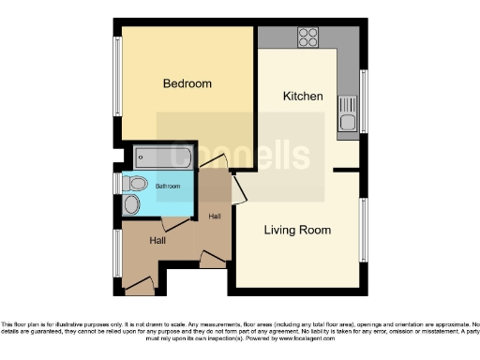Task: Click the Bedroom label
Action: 187,83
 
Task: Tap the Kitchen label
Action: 303,96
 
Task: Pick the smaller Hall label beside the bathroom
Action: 215,217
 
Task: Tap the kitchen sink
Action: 347,112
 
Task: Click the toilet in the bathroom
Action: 137,183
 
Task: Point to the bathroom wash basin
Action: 131,204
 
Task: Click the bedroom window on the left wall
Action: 119,80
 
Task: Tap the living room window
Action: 365,229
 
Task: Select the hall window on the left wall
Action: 119,256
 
